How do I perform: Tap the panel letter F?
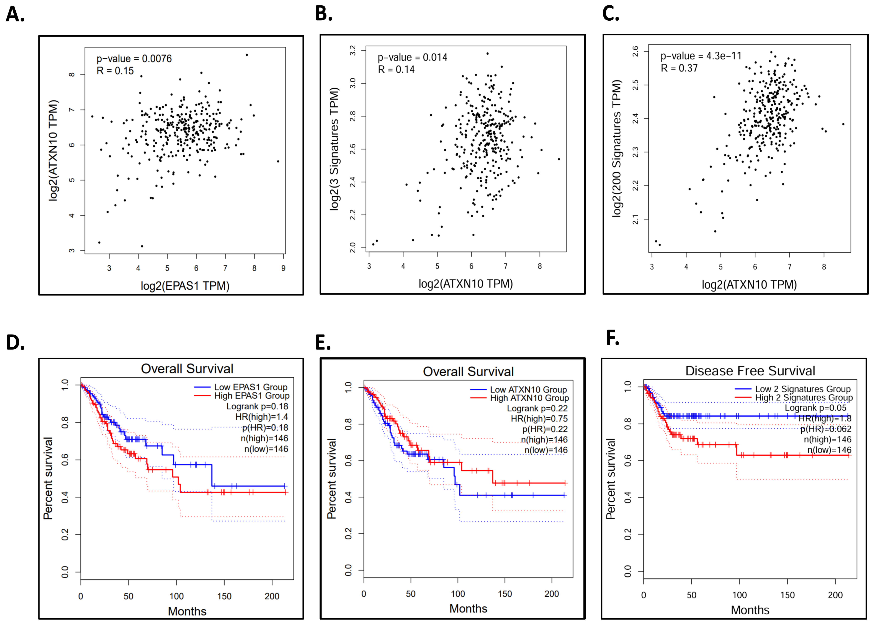click(x=612, y=338)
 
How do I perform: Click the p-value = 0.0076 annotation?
click(x=134, y=58)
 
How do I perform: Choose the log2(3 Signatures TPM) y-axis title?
click(x=334, y=149)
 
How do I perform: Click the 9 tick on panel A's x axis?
click(x=283, y=268)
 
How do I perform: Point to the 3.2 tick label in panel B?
click(x=352, y=50)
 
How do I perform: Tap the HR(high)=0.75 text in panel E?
click(x=539, y=419)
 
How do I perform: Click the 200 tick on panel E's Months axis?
click(x=551, y=594)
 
